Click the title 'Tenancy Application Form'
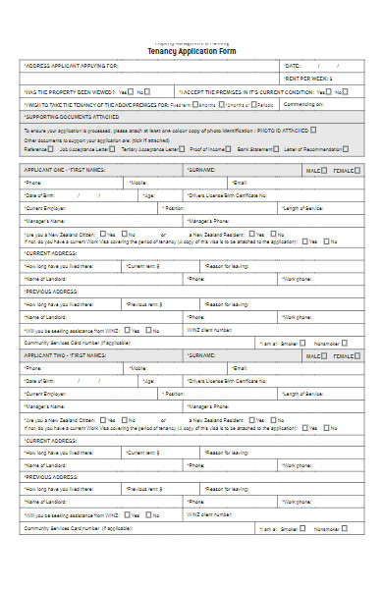pyautogui.click(x=191, y=50)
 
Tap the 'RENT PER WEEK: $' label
pyautogui.click(x=308, y=78)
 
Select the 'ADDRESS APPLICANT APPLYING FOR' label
pyautogui.click(x=70, y=66)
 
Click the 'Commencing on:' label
pyautogui.click(x=303, y=103)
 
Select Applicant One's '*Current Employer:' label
pyautogui.click(x=48, y=208)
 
